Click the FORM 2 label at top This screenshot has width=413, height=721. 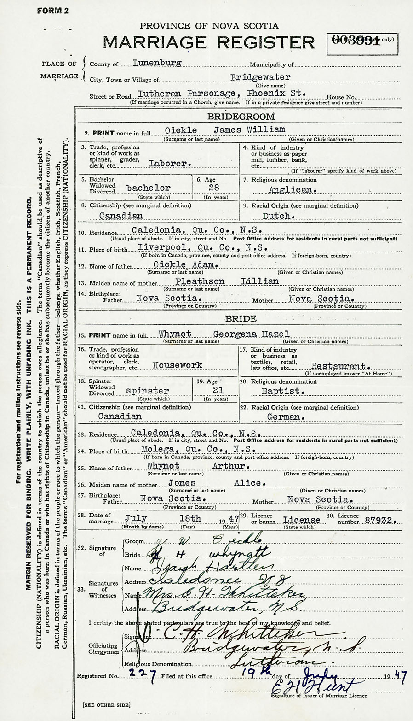point(52,11)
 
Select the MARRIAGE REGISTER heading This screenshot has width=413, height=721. point(209,42)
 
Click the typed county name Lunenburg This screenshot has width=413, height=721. point(156,63)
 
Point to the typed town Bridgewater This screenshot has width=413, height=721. point(260,77)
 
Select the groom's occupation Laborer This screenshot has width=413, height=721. point(170,163)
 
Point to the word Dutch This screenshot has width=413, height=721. point(276,216)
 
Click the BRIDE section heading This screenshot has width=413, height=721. point(241,319)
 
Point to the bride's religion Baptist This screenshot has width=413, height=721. point(287,391)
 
